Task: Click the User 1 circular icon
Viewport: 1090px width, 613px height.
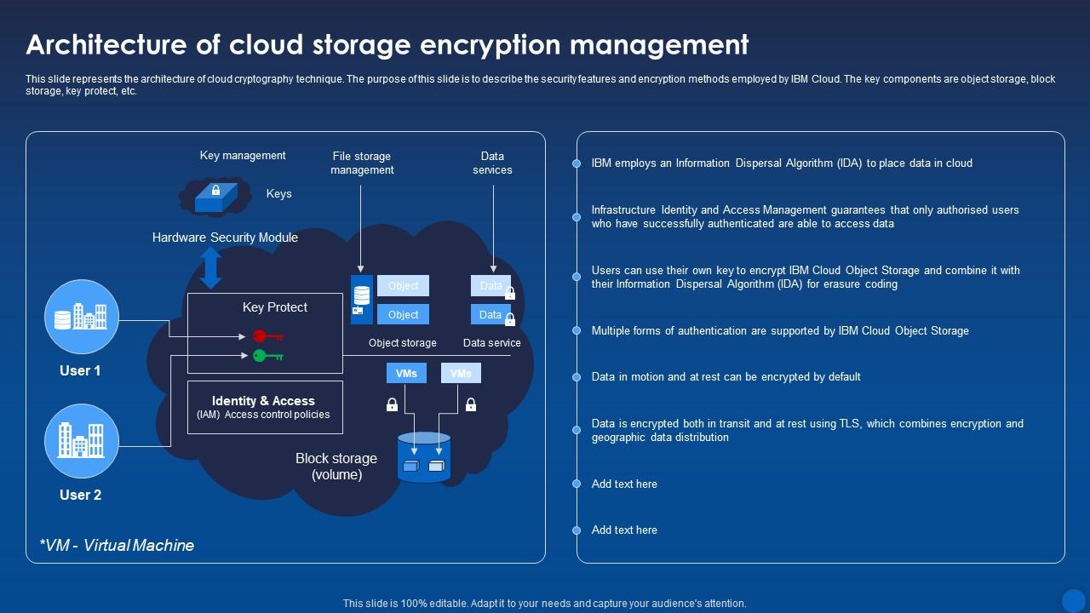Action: coord(81,317)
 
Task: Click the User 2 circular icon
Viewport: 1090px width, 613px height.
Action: coord(81,441)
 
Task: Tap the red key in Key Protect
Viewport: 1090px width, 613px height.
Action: coord(267,336)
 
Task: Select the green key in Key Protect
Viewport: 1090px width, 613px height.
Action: coord(267,355)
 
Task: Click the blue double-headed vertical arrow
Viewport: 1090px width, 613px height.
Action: coord(211,268)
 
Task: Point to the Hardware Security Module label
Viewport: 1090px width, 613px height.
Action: coord(225,238)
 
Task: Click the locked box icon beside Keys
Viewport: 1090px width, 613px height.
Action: coord(215,197)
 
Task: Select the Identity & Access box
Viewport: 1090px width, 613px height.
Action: coord(265,407)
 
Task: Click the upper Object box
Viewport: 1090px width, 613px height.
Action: coord(403,286)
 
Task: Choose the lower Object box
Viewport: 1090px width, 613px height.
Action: coord(403,314)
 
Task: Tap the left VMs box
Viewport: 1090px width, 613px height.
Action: coord(406,373)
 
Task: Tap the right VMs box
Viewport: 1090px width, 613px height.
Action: coord(461,373)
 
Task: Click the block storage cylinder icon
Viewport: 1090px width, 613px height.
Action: coord(423,457)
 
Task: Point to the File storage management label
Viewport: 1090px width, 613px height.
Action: coord(362,163)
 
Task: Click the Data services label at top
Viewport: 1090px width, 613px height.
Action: coord(492,163)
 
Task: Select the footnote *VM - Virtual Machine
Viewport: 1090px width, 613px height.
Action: coord(117,545)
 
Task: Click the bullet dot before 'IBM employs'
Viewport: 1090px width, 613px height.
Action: coord(577,163)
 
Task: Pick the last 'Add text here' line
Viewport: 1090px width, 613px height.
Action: coord(624,530)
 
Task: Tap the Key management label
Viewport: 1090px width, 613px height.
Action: coord(243,155)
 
